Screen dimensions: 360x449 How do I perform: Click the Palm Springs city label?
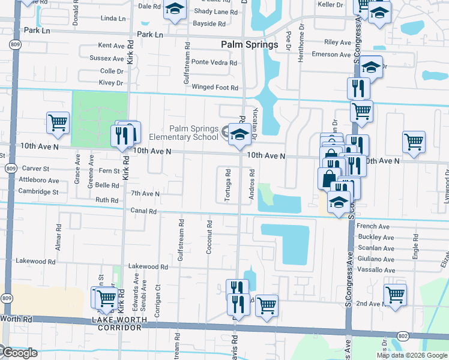249,44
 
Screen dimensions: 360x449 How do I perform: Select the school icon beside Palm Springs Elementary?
239,135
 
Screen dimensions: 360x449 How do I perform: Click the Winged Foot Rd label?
215,88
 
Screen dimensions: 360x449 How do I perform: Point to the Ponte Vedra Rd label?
214,62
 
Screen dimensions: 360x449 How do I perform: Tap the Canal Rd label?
143,211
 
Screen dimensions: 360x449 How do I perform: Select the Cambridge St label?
38,193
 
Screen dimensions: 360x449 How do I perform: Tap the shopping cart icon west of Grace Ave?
58,122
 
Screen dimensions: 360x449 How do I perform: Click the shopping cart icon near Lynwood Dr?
414,142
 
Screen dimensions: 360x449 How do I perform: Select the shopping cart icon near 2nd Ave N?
394,294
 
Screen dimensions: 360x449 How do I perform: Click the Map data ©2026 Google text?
412,355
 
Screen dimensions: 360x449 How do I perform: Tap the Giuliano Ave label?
376,260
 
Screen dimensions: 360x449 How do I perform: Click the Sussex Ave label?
106,58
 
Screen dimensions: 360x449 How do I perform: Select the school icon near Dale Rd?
175,9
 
